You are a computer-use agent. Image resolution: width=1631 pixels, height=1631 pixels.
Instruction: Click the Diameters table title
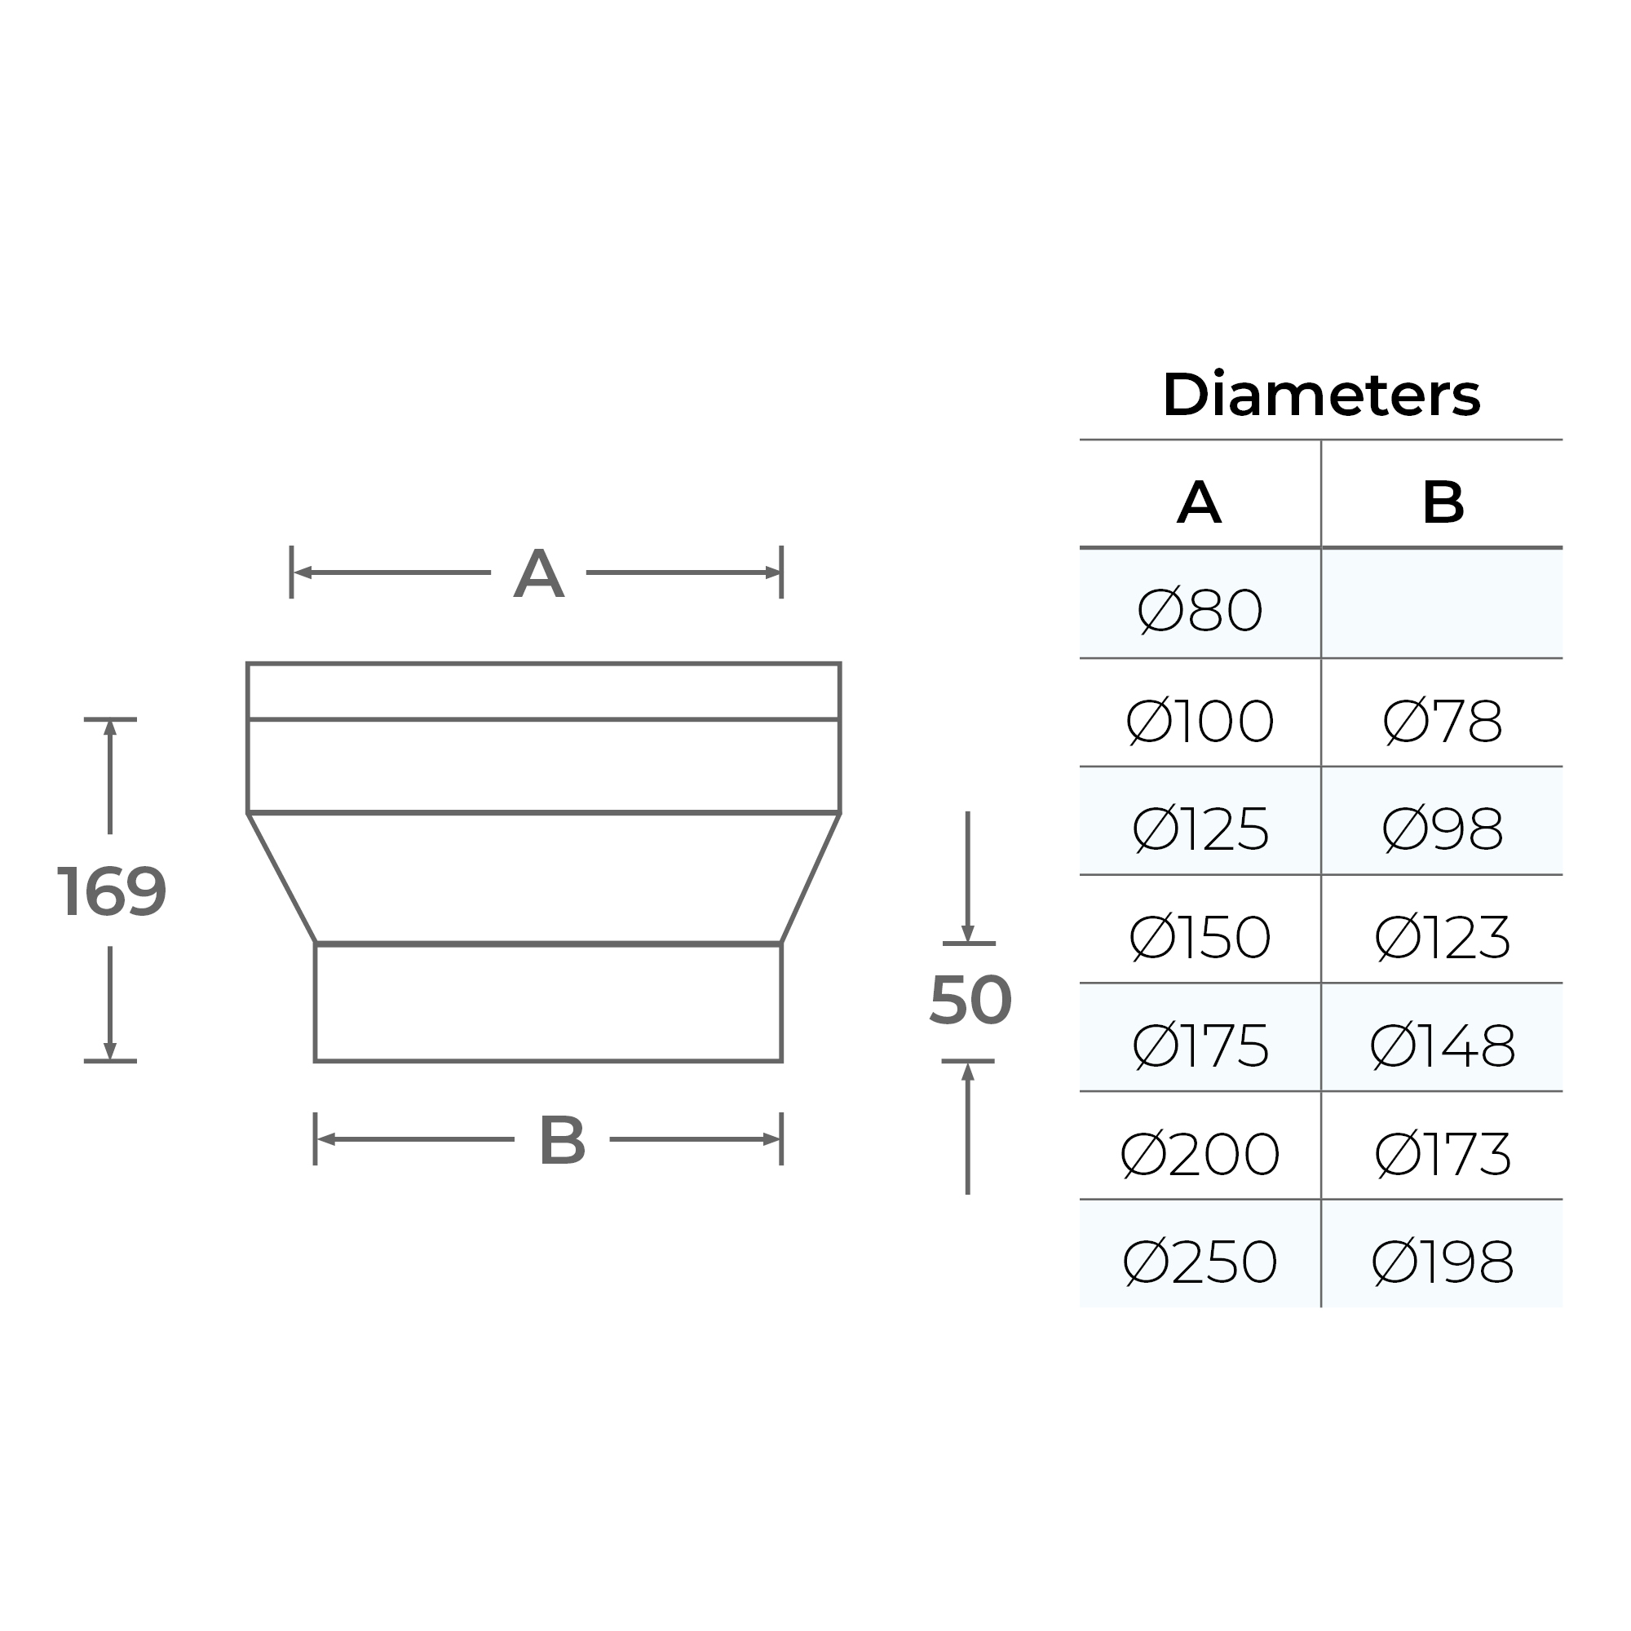[x=1320, y=395]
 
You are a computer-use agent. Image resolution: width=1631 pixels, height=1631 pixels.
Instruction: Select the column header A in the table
[x=1199, y=503]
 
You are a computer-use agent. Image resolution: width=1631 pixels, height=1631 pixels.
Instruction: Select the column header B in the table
[x=1442, y=503]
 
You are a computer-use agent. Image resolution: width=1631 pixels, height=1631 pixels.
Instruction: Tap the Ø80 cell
[x=1200, y=611]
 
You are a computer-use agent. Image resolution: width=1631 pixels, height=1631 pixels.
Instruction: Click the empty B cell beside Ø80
[x=1442, y=604]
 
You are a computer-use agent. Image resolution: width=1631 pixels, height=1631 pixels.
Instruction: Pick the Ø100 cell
[x=1200, y=722]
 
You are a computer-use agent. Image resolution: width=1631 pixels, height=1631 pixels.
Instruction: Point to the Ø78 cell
[x=1442, y=722]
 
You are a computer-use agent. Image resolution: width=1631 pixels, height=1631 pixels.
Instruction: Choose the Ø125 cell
[x=1200, y=830]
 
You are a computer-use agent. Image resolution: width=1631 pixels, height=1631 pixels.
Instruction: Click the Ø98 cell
[x=1442, y=830]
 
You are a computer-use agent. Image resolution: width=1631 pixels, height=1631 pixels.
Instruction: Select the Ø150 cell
[x=1200, y=938]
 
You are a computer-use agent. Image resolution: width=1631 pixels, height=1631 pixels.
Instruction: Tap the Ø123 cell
[x=1442, y=938]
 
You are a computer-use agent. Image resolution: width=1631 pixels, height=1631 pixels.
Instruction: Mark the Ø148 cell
[x=1442, y=1046]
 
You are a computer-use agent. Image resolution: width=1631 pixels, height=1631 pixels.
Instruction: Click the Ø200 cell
[x=1200, y=1154]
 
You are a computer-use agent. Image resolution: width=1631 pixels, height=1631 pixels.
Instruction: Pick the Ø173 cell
[x=1442, y=1154]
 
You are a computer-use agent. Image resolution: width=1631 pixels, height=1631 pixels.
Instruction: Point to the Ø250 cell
[x=1200, y=1262]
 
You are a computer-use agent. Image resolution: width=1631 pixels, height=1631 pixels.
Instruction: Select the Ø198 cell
[x=1442, y=1262]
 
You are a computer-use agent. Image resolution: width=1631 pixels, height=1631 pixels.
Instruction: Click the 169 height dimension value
[x=112, y=892]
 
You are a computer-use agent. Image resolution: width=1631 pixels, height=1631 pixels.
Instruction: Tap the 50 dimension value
[x=970, y=1001]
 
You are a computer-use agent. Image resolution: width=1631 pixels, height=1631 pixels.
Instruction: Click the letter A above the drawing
[x=538, y=574]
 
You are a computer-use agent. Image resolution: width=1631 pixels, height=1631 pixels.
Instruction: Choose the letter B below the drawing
[x=562, y=1142]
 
